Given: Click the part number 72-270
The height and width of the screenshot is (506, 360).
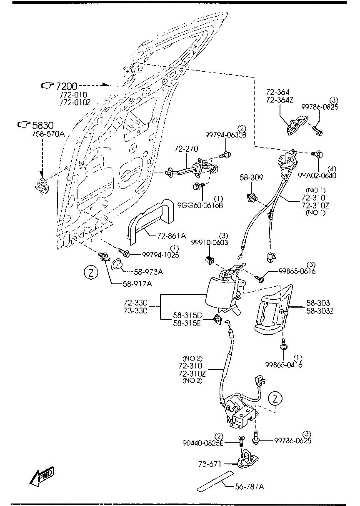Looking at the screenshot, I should coord(186,148).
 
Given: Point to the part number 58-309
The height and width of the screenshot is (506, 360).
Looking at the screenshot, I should coord(251,178).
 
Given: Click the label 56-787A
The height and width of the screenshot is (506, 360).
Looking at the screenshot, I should coord(250,486).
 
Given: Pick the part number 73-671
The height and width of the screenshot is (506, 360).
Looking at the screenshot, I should coord(210,463).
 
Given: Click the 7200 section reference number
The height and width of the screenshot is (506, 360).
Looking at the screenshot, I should coord(67,86).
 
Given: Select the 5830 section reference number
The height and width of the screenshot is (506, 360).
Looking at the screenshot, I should coord(43,125).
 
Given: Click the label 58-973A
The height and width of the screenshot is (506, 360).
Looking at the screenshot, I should coord(148,272).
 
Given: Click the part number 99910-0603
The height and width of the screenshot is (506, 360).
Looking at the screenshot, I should coord(210,243).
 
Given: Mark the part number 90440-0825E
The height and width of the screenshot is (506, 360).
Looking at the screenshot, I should coord(203,443).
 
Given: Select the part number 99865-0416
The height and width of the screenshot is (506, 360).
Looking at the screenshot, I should coord(284,365).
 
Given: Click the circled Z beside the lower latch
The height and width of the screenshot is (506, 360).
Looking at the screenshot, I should coord(275,399).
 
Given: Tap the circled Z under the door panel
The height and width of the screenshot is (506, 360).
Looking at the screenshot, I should coord(91,273).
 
